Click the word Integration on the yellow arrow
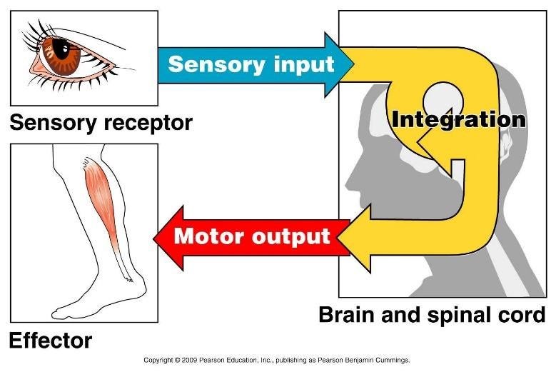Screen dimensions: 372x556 tap(458, 119)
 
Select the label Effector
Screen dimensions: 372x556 tap(50, 341)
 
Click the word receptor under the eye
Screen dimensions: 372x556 tap(148, 123)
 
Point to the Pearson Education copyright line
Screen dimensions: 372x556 tap(277, 361)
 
